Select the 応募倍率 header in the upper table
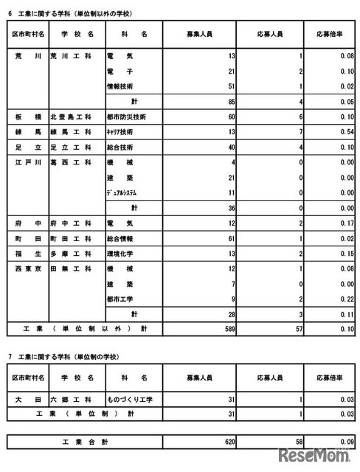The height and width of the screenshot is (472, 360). coord(323,35)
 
